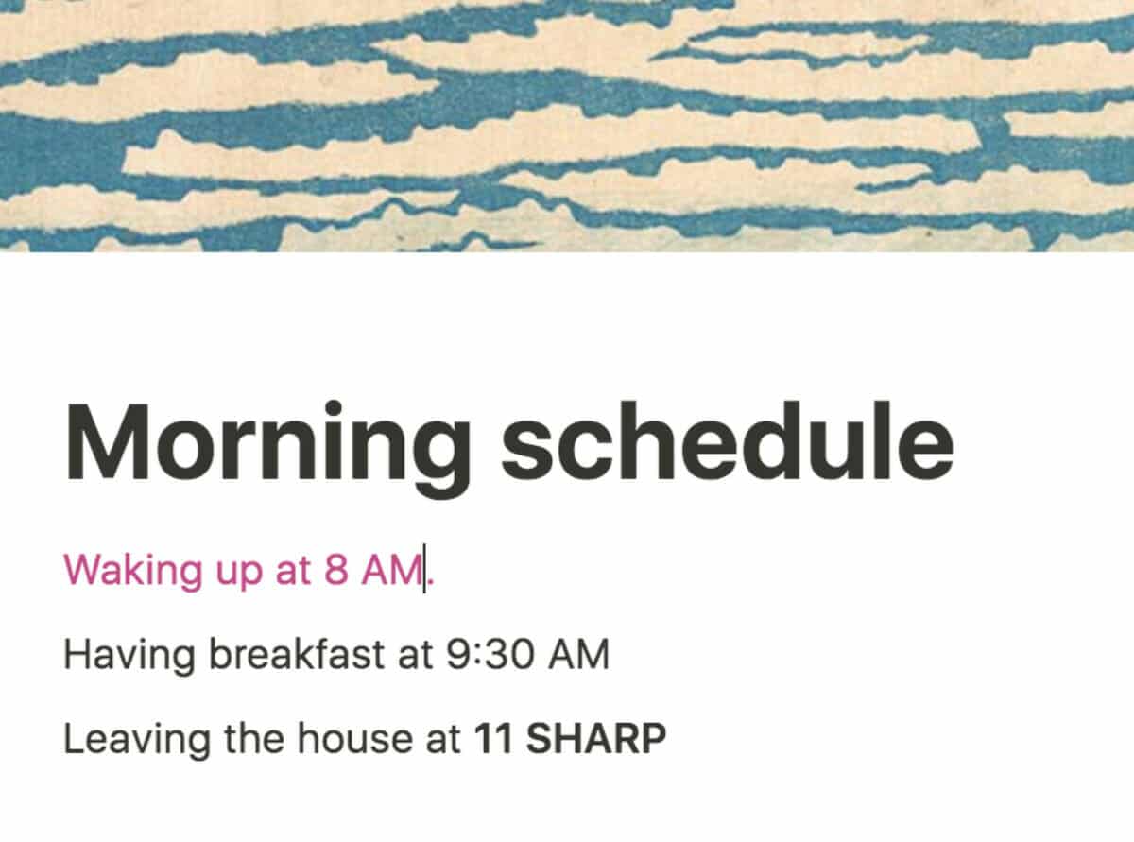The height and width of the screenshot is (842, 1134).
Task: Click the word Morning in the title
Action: click(x=266, y=448)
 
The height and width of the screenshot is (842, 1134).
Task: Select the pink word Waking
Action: click(x=133, y=570)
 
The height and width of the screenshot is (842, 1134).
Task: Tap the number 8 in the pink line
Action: click(x=336, y=569)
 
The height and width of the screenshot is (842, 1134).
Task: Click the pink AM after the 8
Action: click(x=392, y=569)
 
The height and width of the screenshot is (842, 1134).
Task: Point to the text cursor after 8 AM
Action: click(x=424, y=569)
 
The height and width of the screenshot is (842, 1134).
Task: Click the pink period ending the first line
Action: click(x=431, y=580)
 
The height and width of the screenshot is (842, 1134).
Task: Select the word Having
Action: click(x=129, y=656)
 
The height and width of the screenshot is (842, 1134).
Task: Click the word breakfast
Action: click(x=297, y=653)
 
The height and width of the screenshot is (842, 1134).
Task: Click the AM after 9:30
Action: click(x=578, y=654)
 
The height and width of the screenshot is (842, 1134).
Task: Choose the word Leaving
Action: click(x=136, y=740)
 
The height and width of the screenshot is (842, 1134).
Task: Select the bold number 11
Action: click(x=493, y=738)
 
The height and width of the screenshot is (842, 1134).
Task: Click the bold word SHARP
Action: click(x=596, y=738)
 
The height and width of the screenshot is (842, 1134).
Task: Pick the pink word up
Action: click(x=239, y=573)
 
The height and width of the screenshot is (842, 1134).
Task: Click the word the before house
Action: click(x=254, y=738)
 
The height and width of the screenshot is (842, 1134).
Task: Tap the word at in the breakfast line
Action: click(x=415, y=656)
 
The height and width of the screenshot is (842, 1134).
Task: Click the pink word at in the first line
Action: click(x=293, y=571)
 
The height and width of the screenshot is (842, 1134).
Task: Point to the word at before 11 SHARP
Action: click(x=443, y=740)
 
